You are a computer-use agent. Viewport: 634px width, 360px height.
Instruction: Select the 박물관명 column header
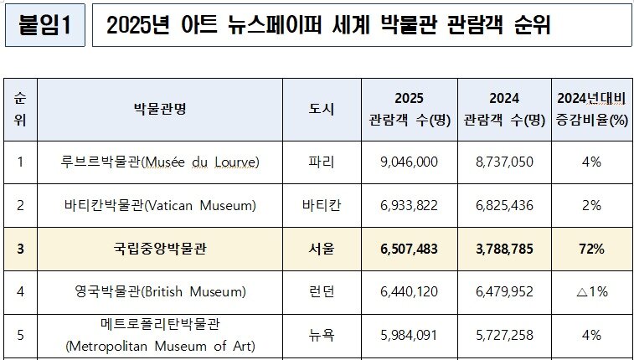[160, 109]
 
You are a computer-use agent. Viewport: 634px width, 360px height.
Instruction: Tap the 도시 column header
[322, 109]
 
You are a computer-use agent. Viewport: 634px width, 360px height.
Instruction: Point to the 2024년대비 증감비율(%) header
[591, 109]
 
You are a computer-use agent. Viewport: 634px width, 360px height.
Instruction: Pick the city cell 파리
[322, 162]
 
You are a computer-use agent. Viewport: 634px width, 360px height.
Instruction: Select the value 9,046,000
[410, 162]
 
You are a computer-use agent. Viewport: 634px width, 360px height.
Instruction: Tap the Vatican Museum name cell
[160, 205]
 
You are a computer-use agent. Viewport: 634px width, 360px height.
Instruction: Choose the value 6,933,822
[410, 205]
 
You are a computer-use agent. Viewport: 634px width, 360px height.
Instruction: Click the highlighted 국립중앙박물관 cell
[160, 249]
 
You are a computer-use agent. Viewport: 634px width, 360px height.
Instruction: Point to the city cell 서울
[322, 249]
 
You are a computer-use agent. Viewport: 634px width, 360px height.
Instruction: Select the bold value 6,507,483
[410, 249]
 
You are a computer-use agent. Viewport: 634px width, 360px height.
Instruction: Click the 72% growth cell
[591, 249]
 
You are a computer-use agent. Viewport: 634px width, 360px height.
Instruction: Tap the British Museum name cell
[160, 292]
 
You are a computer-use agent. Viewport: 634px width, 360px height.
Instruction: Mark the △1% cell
[591, 292]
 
